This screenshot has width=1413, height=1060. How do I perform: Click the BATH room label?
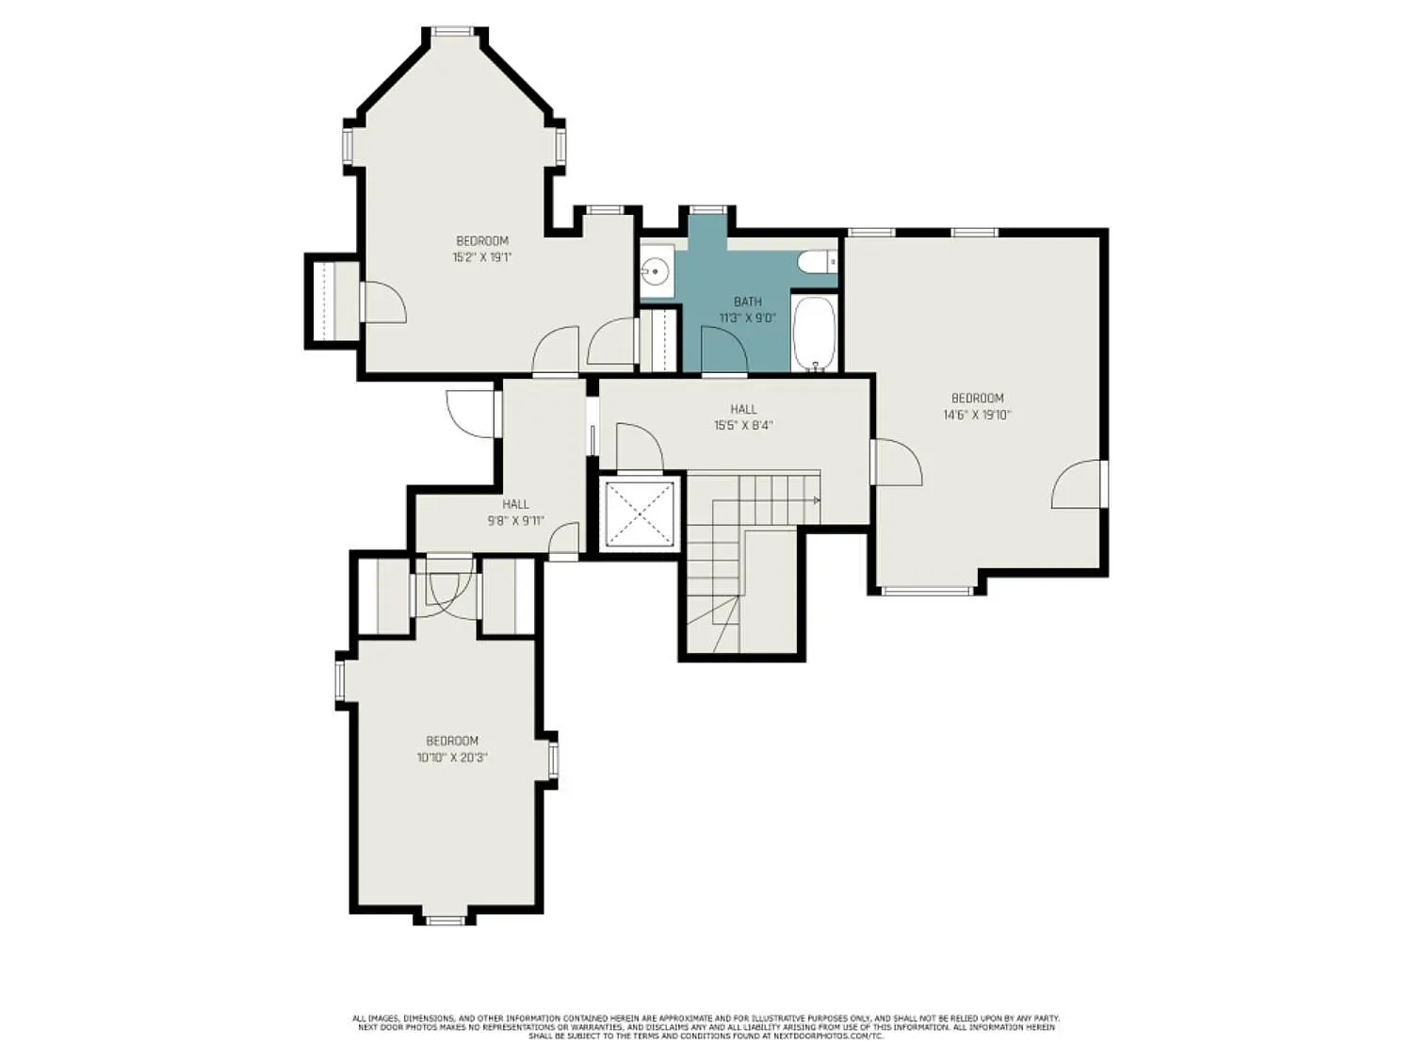[x=747, y=302]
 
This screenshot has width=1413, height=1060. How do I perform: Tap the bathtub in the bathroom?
[x=814, y=333]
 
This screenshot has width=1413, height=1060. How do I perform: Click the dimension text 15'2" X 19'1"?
[x=481, y=256]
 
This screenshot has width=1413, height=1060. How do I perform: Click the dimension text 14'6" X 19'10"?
[x=977, y=414]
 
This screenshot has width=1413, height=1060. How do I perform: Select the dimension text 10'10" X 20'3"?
[x=452, y=757]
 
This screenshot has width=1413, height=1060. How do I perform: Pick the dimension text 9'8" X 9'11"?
[x=515, y=520]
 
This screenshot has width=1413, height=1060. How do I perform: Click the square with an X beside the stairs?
[x=640, y=514]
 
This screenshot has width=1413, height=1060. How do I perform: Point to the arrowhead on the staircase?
[x=817, y=500]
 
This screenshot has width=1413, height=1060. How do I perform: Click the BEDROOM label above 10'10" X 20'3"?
[x=452, y=741]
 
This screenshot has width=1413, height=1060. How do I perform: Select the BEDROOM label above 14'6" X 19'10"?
[x=977, y=398]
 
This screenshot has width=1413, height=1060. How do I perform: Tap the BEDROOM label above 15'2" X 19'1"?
[x=481, y=240]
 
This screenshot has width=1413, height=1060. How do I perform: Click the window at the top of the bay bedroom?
[x=453, y=31]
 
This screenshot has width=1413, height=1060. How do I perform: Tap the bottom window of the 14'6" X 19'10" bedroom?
[x=926, y=591]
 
